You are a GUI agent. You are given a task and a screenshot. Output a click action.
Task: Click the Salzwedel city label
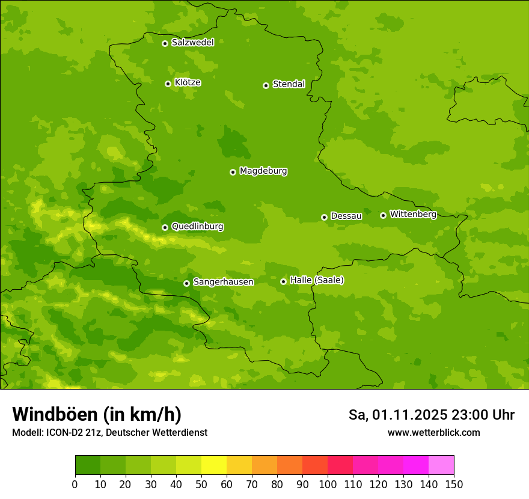pyautogui.click(x=192, y=43)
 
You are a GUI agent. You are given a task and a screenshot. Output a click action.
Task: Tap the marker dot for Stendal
pyautogui.click(x=266, y=85)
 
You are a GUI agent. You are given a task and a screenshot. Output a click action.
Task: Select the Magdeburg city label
pyautogui.click(x=263, y=171)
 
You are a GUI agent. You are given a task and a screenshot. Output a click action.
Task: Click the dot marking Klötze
pyautogui.click(x=168, y=84)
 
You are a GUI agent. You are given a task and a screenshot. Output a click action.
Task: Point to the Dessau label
pyautogui.click(x=346, y=216)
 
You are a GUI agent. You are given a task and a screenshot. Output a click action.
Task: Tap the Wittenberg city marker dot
pyautogui.click(x=383, y=215)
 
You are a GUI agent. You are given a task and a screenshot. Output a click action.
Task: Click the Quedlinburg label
pyautogui.click(x=197, y=227)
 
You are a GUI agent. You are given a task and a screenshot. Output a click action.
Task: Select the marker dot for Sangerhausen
pyautogui.click(x=186, y=283)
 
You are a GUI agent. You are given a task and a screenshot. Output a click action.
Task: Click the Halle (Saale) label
pyautogui.click(x=317, y=280)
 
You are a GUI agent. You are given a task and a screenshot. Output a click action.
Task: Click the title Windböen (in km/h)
pyautogui.click(x=97, y=414)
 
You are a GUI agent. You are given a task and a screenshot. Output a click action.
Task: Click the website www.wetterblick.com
pyautogui.click(x=433, y=432)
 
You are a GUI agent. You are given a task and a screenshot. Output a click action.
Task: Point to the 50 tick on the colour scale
pyautogui.click(x=201, y=484)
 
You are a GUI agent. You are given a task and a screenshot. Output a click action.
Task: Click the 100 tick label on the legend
pyautogui.click(x=328, y=484)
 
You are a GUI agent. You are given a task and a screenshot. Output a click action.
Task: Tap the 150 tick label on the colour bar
pyautogui.click(x=454, y=484)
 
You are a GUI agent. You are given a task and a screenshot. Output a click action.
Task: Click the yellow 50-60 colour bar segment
pyautogui.click(x=214, y=465)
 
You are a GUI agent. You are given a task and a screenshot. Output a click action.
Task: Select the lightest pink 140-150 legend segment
pyautogui.click(x=441, y=465)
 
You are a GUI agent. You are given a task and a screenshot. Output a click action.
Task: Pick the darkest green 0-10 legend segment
pyautogui.click(x=88, y=465)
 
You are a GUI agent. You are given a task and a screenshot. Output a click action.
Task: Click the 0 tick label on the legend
pyautogui.click(x=75, y=484)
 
